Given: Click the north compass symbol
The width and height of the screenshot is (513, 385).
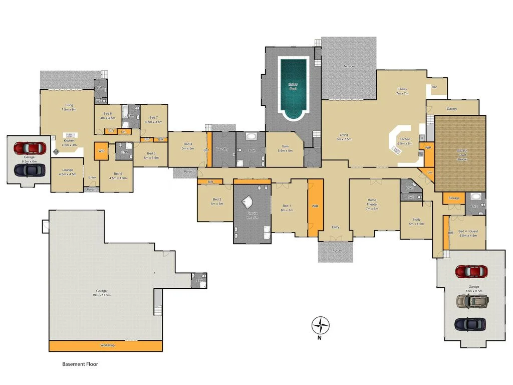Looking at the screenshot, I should coord(321,325).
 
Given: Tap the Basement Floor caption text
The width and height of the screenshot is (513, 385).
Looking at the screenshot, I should coord(80,364).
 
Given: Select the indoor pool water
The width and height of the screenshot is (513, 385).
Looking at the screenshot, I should coord(293,87).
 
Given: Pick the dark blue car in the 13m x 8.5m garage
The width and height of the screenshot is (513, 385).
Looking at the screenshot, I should coord(470,324).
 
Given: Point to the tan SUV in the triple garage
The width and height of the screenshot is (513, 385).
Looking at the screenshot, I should coord(471,301).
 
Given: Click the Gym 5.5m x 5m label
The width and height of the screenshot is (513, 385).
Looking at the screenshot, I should coord(284,150).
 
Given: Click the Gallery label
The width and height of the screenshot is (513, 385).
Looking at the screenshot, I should coord(452,108).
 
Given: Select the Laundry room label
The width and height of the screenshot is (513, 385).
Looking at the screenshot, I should coord(222,149).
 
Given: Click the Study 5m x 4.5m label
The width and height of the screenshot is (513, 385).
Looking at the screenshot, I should coord(415,221).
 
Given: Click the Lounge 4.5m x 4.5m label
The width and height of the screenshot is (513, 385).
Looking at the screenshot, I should coord(67,172).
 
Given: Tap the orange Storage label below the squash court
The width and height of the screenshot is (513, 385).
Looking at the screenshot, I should coord(453,198).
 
